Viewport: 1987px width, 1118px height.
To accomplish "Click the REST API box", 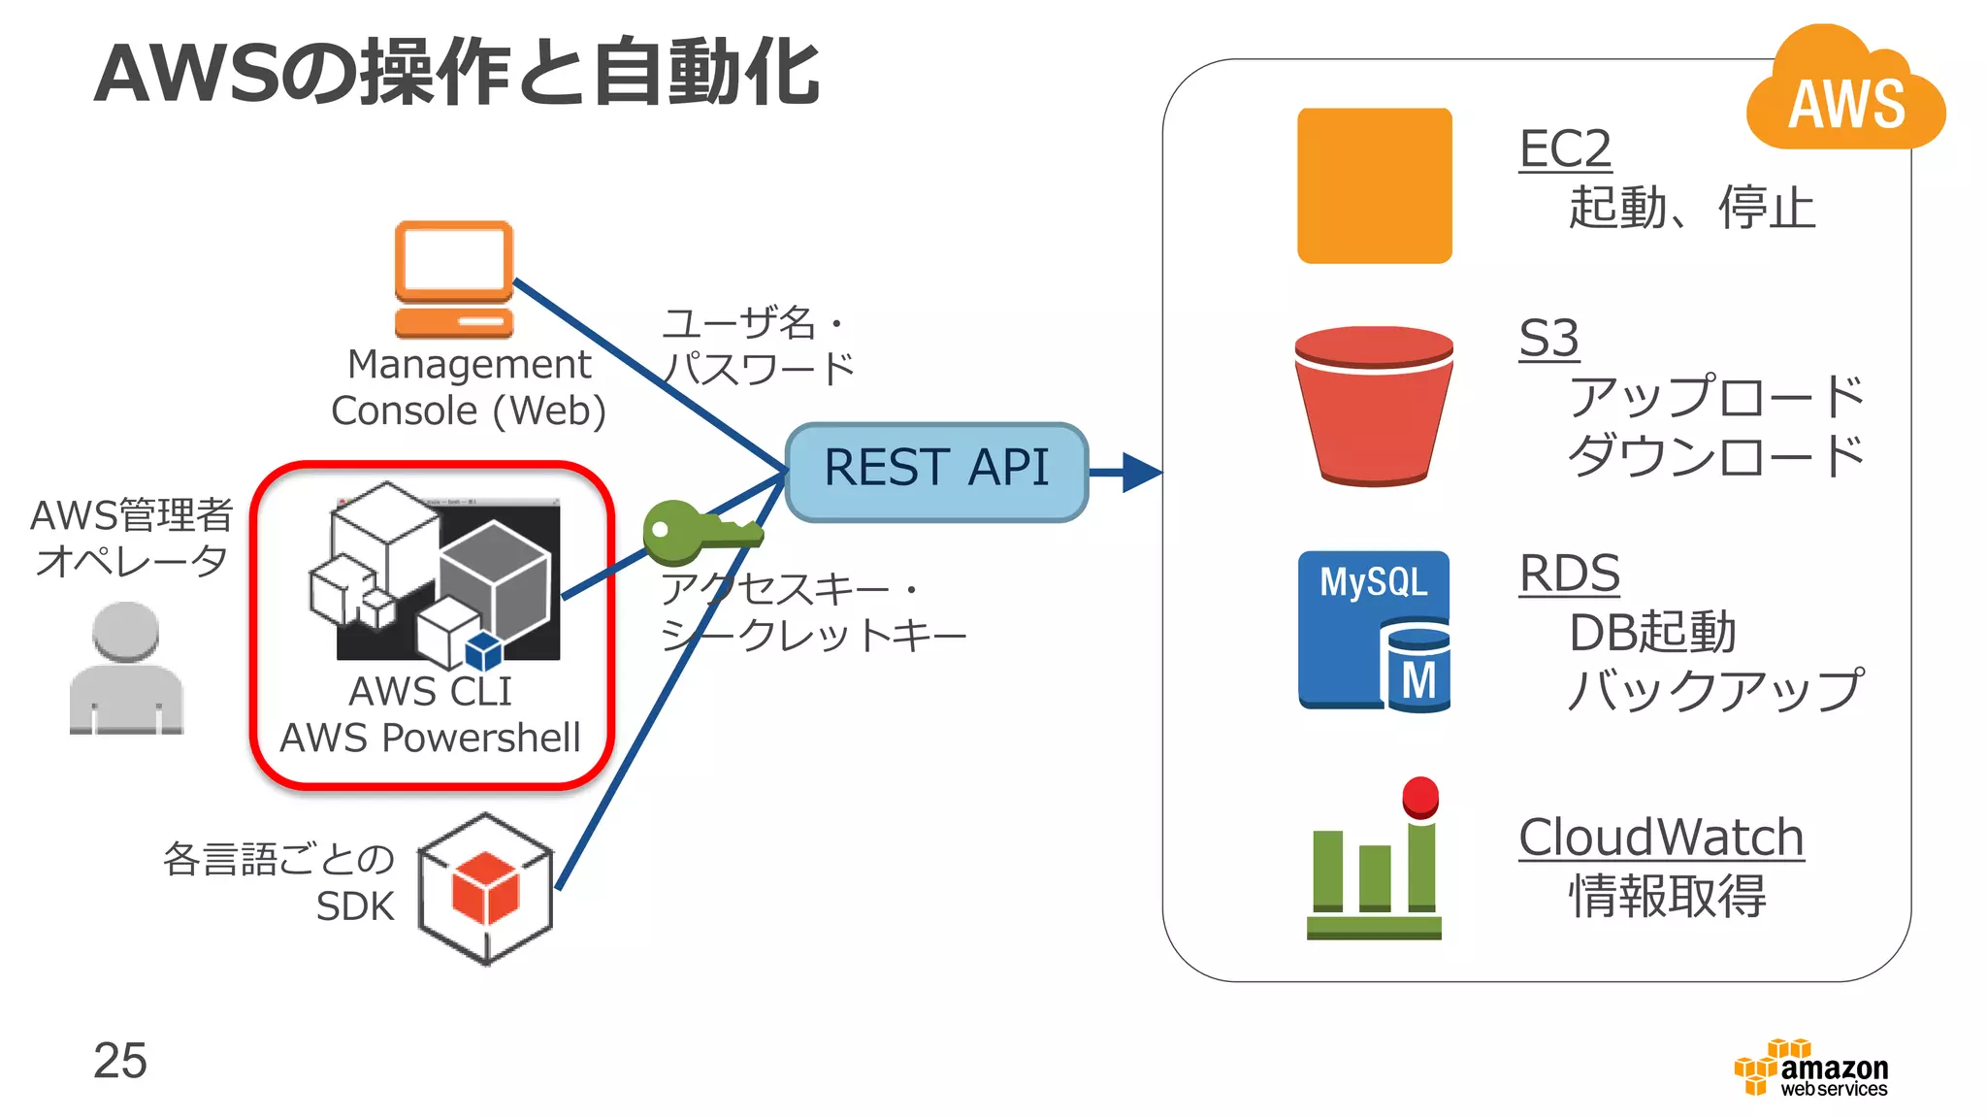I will point(936,472).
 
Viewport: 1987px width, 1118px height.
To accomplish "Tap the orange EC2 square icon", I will point(1374,185).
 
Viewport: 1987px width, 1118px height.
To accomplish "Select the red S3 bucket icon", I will point(1373,406).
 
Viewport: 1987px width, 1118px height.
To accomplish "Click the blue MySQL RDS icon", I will point(1374,631).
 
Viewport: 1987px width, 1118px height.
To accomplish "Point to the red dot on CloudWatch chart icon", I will point(1420,797).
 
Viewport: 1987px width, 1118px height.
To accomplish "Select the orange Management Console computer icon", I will point(453,279).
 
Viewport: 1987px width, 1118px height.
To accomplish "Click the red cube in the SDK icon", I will point(485,889).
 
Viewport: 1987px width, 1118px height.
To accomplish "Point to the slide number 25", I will point(120,1061).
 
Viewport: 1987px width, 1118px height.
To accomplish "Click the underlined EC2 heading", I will point(1565,149).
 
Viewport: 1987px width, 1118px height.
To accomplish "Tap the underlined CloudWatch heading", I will point(1660,838).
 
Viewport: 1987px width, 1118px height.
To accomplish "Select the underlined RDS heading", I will point(1569,574).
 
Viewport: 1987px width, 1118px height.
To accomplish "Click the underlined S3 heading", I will point(1548,339).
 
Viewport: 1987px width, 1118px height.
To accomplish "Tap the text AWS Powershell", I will point(430,739).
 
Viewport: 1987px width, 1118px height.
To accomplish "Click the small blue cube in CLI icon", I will point(483,652).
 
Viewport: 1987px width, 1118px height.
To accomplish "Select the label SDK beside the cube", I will point(355,906).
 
